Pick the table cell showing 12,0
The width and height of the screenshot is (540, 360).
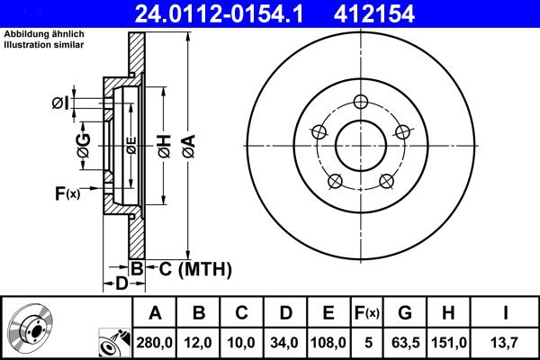199,342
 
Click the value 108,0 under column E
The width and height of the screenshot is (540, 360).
328,342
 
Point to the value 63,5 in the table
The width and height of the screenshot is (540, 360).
406,342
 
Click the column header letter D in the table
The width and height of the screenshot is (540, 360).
284,313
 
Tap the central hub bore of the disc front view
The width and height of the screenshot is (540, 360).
360,145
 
